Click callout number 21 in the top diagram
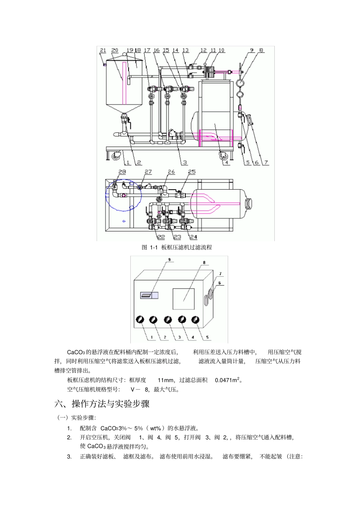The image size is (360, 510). pyautogui.click(x=103, y=50)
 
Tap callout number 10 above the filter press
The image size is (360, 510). pyautogui.click(x=221, y=50)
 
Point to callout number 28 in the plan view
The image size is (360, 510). pyautogui.click(x=122, y=172)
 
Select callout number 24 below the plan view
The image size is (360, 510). pyautogui.click(x=193, y=237)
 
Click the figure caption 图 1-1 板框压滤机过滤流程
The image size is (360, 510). pyautogui.click(x=177, y=248)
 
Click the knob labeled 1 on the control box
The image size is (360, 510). pyautogui.click(x=140, y=320)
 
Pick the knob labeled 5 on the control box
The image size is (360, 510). pyautogui.click(x=195, y=320)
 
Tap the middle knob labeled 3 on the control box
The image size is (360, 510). pyautogui.click(x=168, y=320)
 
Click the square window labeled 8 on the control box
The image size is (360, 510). pyautogui.click(x=183, y=299)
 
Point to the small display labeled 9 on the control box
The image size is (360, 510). pyautogui.click(x=149, y=295)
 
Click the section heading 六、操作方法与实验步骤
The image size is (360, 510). pyautogui.click(x=102, y=404)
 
